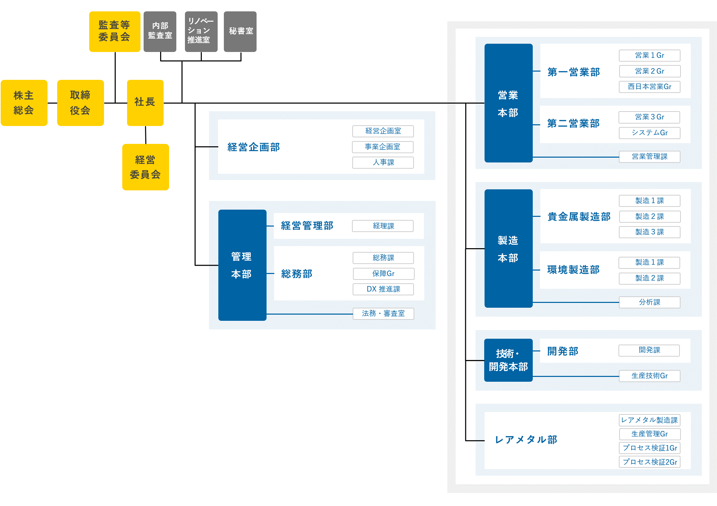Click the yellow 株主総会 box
click(x=24, y=103)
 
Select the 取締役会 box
click(x=80, y=103)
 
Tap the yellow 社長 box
click(x=145, y=103)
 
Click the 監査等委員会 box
click(x=114, y=31)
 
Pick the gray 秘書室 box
click(x=240, y=31)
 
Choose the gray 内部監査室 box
click(x=160, y=31)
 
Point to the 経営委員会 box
click(x=145, y=167)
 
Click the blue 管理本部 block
click(x=242, y=265)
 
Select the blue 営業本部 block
click(x=508, y=103)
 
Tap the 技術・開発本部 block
click(x=508, y=360)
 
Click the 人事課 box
click(x=383, y=162)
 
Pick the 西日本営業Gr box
click(x=650, y=87)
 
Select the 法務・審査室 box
click(x=383, y=314)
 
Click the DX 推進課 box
click(x=383, y=289)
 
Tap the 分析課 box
click(x=650, y=302)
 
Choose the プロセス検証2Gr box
click(x=650, y=462)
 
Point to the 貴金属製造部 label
click(x=579, y=217)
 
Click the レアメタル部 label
click(x=526, y=440)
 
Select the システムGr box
click(x=650, y=133)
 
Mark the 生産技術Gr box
click(x=650, y=376)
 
